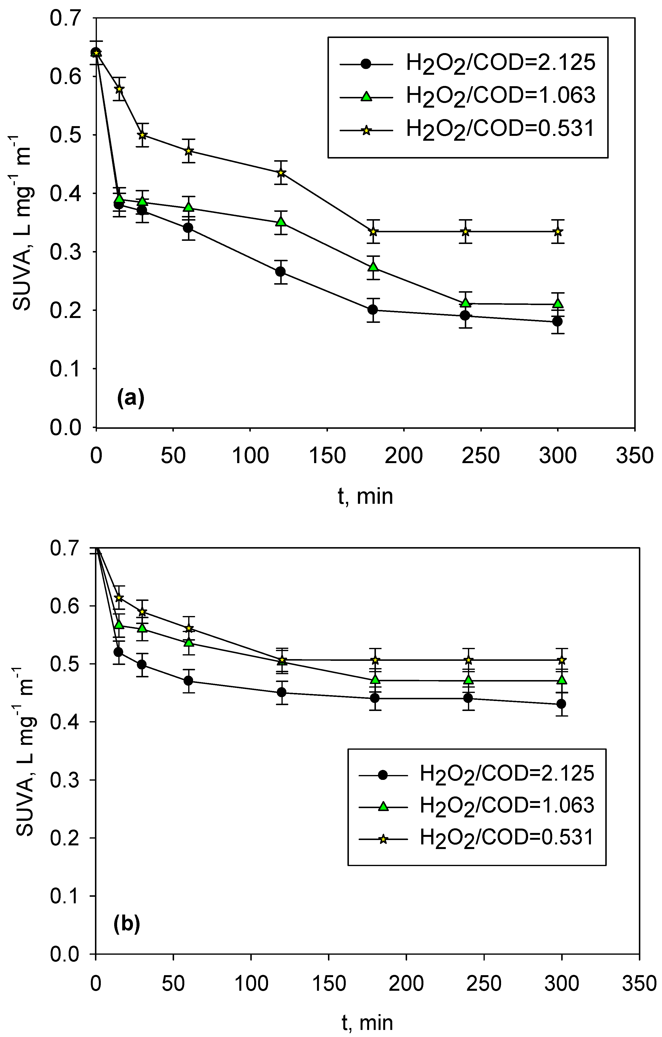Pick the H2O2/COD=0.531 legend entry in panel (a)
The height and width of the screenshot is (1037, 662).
(x=500, y=130)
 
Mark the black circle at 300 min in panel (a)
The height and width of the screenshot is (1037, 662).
(x=557, y=321)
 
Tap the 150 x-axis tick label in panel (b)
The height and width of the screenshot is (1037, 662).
(x=328, y=982)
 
